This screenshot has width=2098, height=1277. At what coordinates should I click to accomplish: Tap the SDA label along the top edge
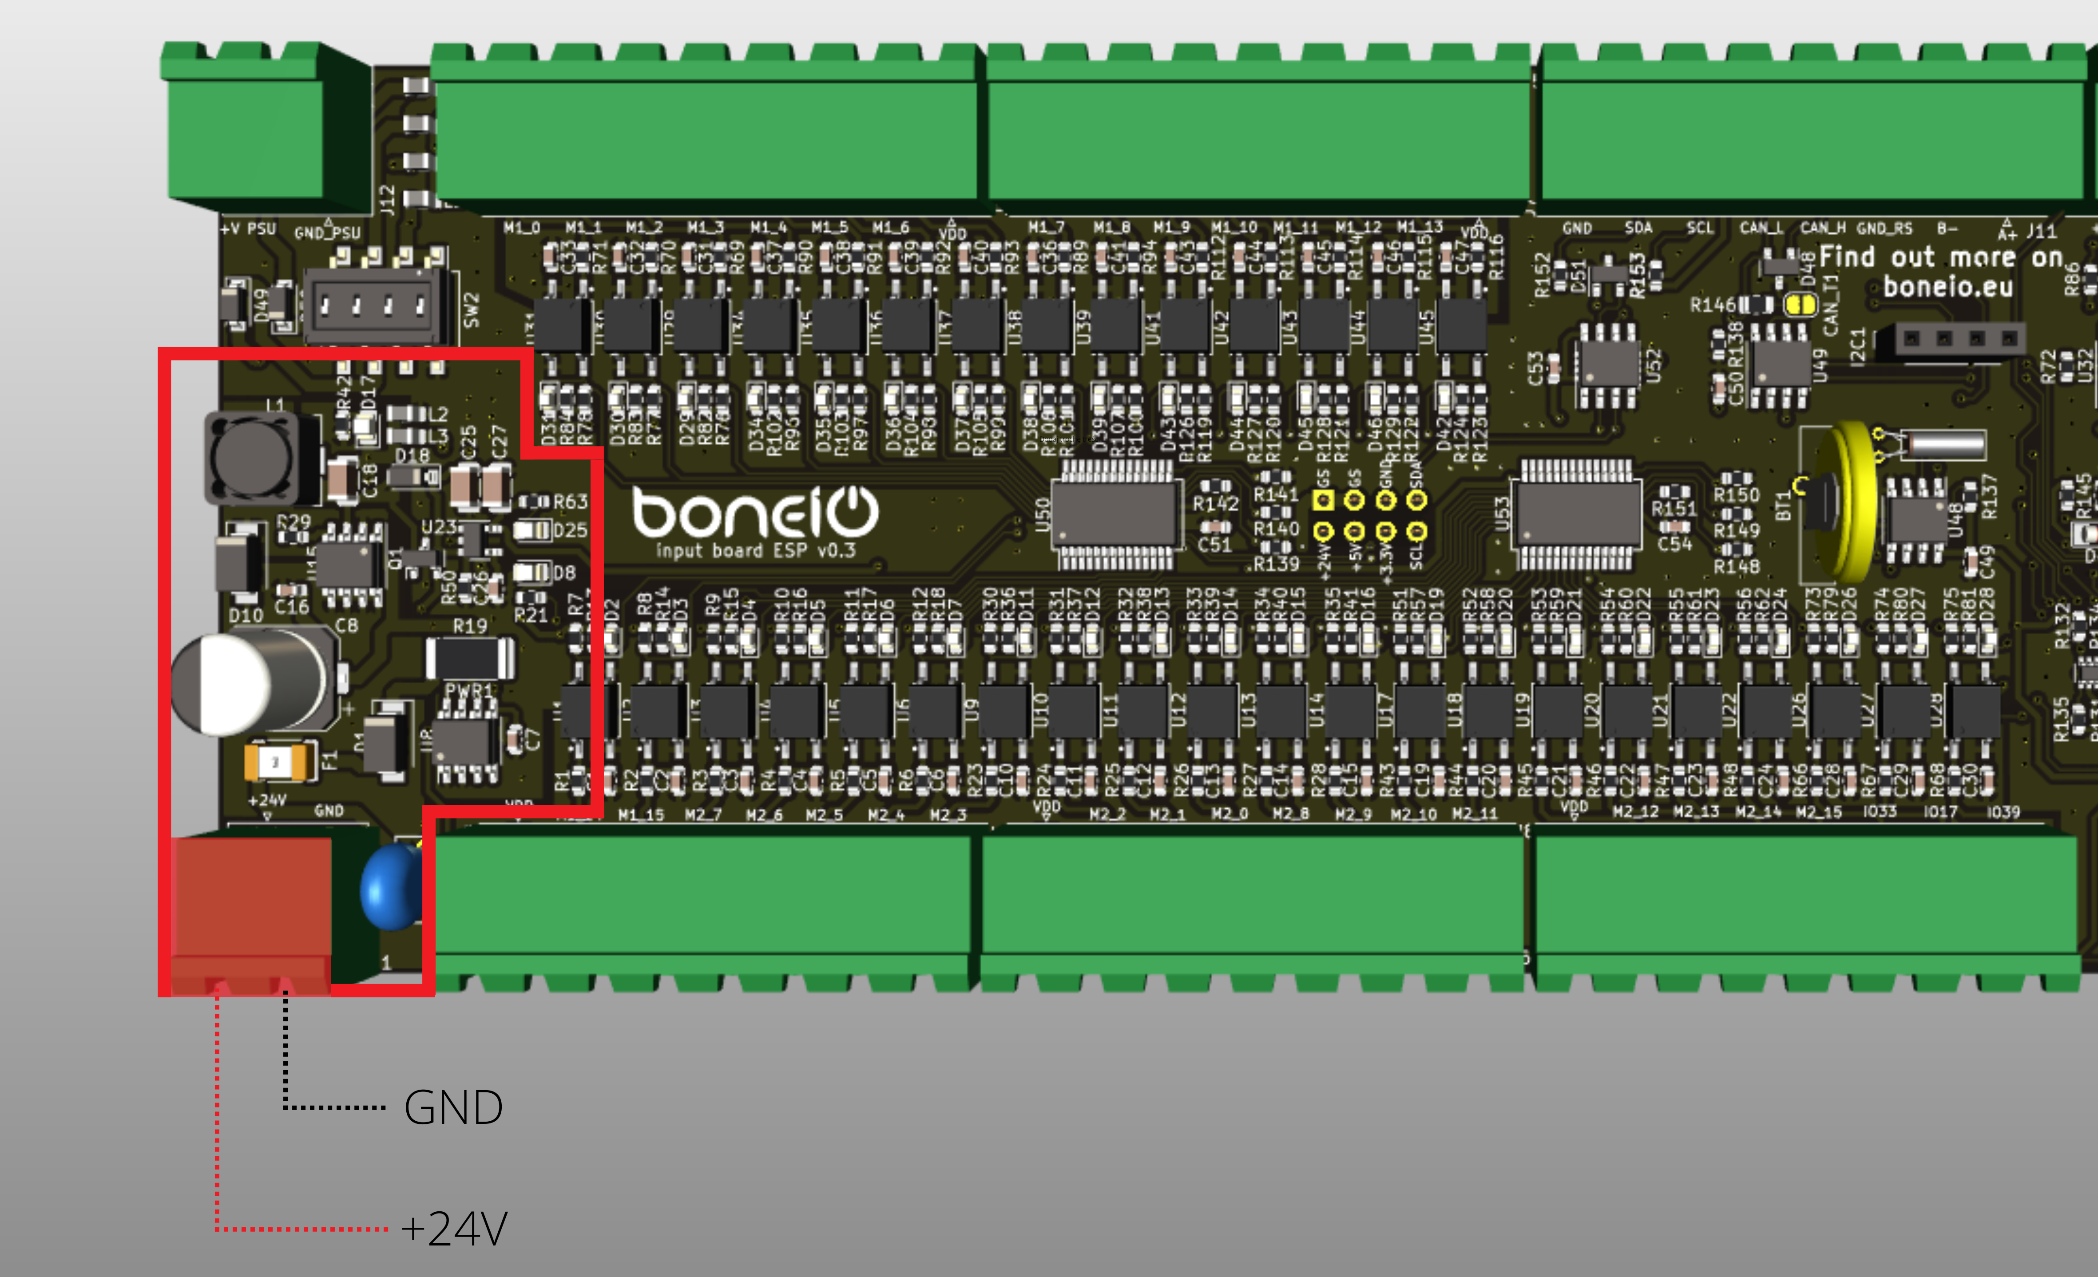click(1638, 228)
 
